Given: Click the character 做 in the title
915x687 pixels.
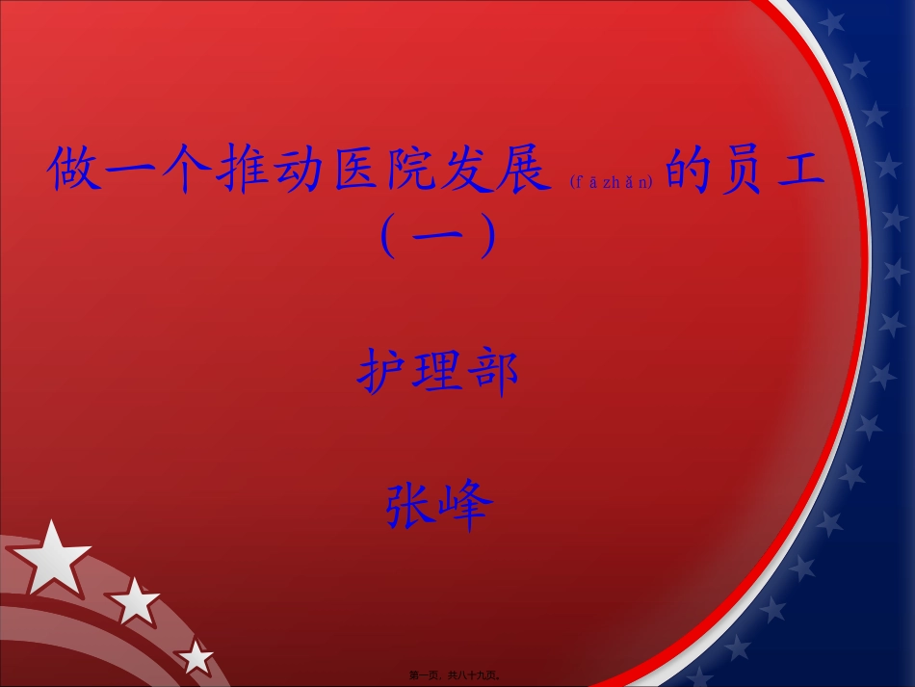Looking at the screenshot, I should [x=74, y=171].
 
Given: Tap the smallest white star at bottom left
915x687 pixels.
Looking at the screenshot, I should [x=196, y=658].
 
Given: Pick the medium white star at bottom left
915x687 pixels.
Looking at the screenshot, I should [x=135, y=603].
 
